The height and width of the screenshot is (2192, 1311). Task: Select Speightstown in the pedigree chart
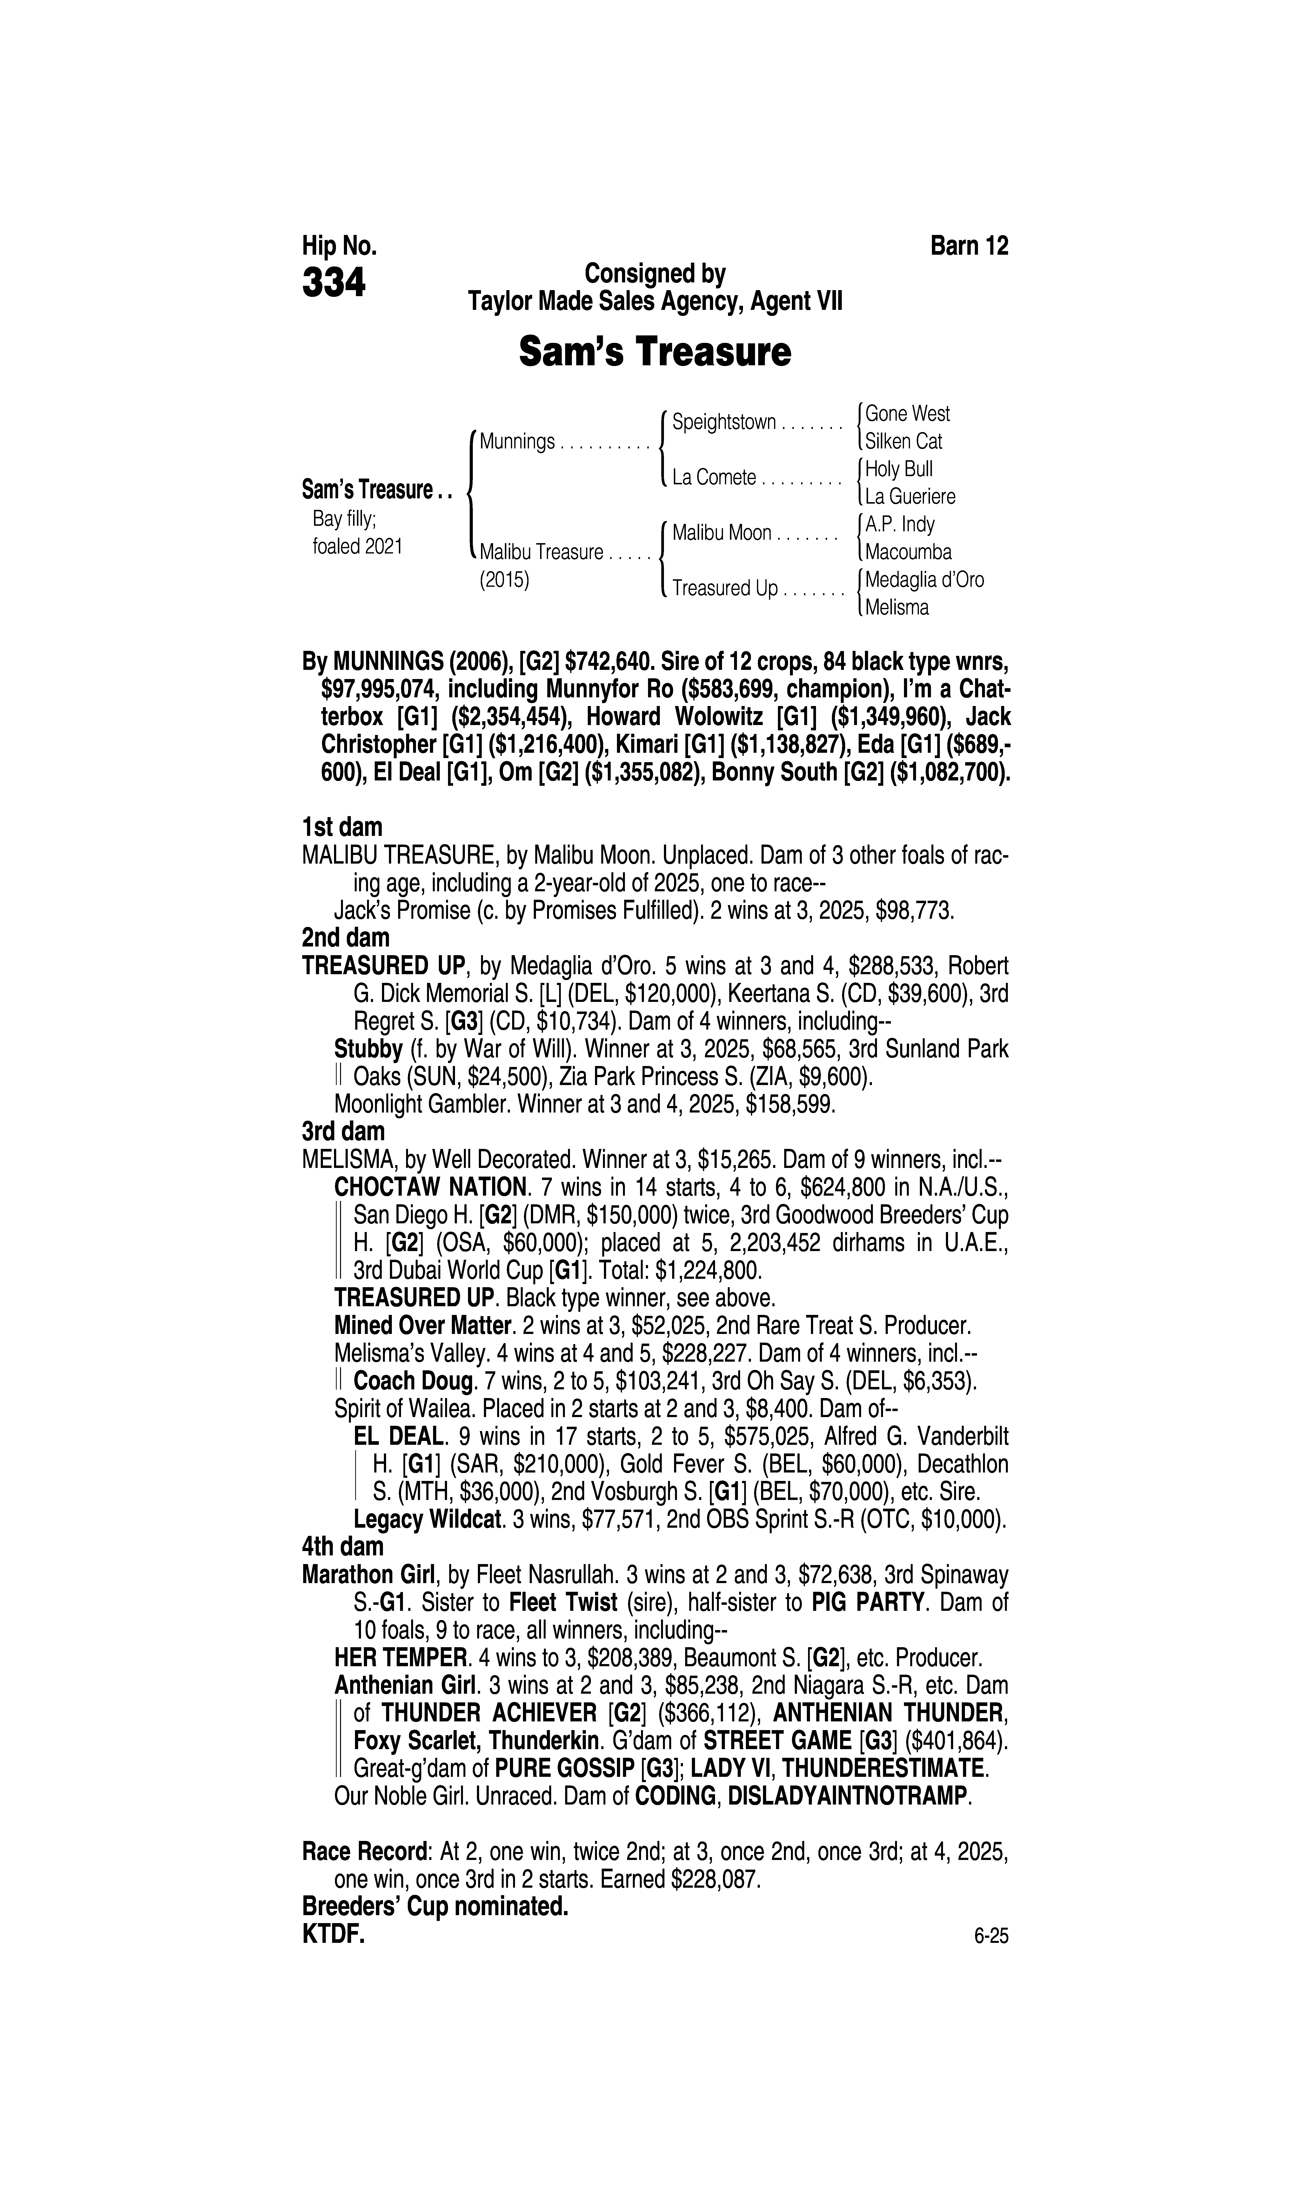723,422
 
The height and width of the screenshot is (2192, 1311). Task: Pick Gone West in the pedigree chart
907,413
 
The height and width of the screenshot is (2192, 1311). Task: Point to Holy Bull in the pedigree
898,469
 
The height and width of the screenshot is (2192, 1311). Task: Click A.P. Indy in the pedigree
899,525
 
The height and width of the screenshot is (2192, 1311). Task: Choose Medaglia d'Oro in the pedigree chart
924,580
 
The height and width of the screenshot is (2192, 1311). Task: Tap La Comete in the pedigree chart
714,478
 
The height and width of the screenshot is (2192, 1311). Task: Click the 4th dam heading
343,1546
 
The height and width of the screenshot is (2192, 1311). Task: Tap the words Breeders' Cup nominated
435,1907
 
